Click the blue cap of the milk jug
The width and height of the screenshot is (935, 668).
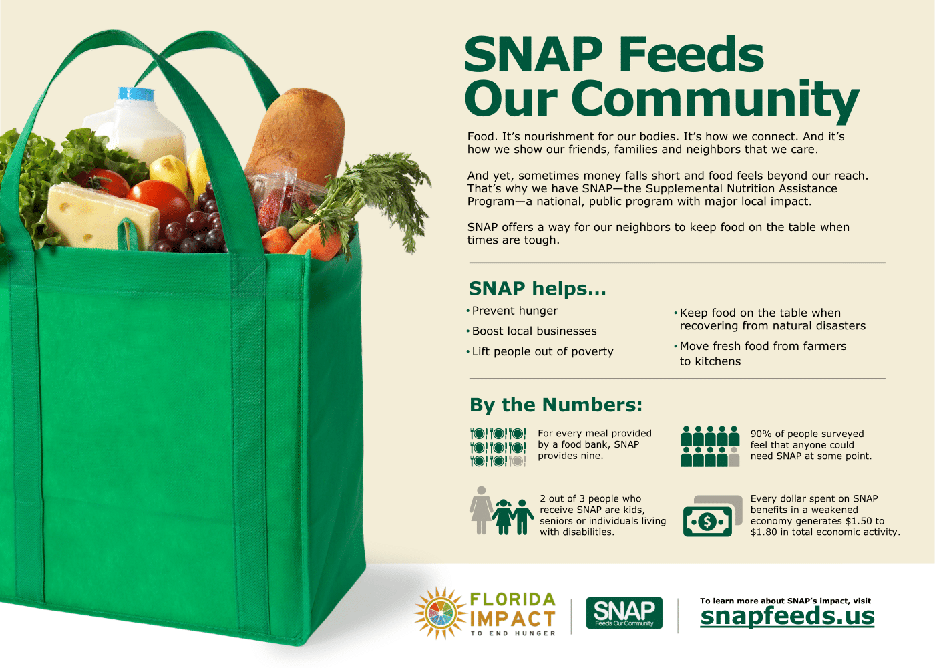[x=136, y=94]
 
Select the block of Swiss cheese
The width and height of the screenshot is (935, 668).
[x=102, y=216]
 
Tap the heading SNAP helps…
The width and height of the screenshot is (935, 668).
[x=537, y=289]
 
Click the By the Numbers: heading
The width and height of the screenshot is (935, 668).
[x=556, y=405]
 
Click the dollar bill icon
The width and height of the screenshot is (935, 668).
[x=712, y=516]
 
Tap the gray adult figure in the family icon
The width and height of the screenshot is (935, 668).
[x=482, y=510]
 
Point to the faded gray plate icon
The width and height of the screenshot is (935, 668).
[x=518, y=461]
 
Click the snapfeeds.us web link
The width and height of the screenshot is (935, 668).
[x=787, y=616]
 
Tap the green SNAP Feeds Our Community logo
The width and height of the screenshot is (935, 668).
[x=624, y=613]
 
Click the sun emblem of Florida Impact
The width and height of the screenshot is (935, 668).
[x=440, y=613]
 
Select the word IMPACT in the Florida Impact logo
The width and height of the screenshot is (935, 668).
[x=513, y=619]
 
